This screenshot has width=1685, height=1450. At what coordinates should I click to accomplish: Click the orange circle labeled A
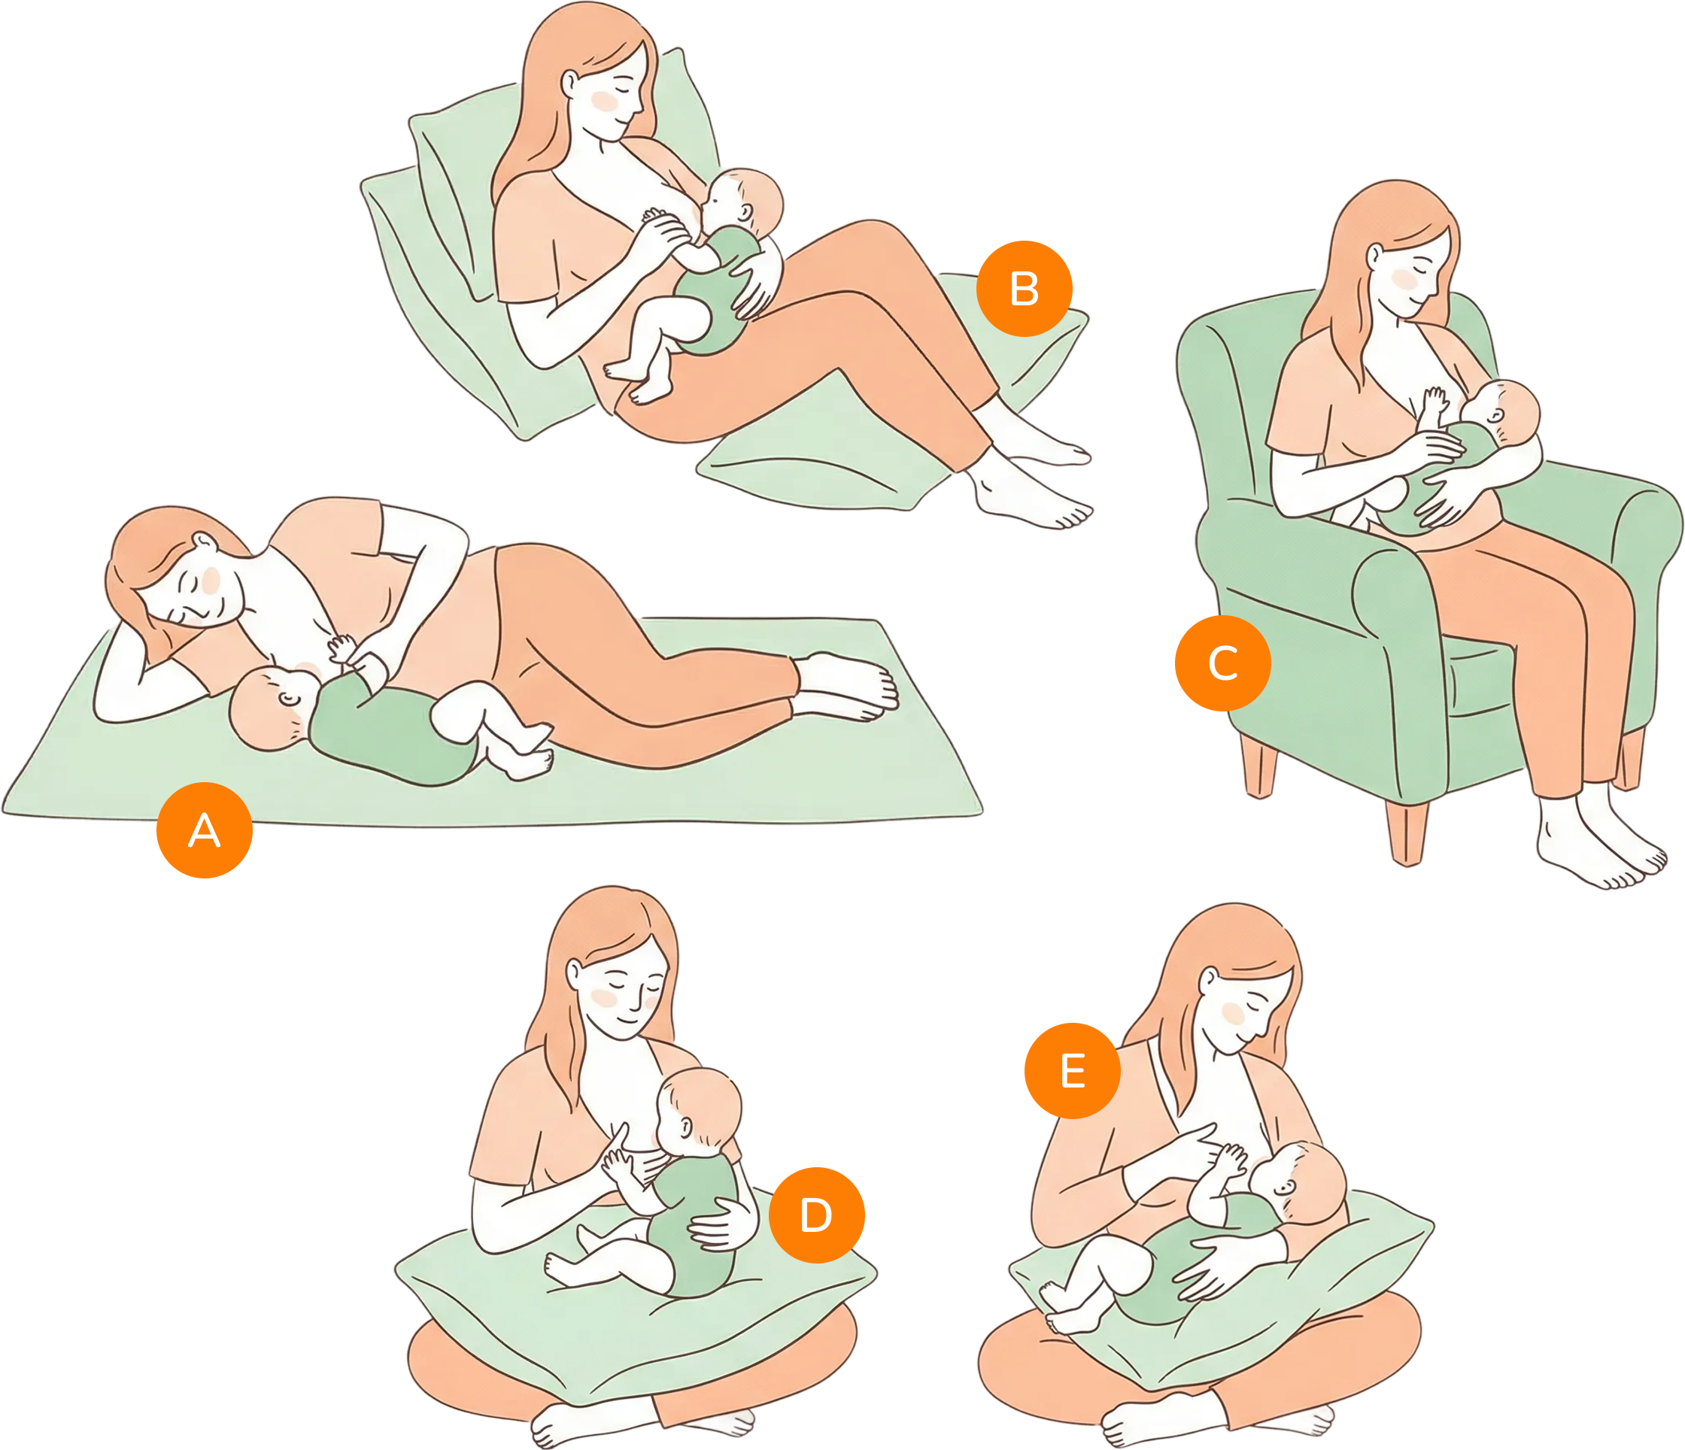(x=204, y=830)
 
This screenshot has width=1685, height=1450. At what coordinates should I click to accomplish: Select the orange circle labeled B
(x=1024, y=289)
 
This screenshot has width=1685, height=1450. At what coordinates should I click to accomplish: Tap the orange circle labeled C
(x=1222, y=663)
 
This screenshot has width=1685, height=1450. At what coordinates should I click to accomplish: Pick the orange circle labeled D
(x=815, y=1215)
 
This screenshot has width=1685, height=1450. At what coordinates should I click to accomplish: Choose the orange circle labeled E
(x=1072, y=1070)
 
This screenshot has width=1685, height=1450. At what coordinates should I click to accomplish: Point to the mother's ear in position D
(x=574, y=972)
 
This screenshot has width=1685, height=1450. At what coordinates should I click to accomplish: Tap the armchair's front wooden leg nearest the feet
(x=1407, y=833)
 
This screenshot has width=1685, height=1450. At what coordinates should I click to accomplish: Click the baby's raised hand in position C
(x=1434, y=400)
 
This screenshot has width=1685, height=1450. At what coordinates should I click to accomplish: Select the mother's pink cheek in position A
(x=211, y=580)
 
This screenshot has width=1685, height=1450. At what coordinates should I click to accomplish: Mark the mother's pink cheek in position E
(x=1233, y=1013)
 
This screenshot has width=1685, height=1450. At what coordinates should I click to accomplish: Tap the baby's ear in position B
(x=745, y=213)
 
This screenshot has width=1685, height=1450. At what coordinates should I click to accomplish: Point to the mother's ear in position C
(x=1374, y=257)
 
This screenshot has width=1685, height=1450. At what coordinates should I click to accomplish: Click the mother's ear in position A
(x=204, y=540)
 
